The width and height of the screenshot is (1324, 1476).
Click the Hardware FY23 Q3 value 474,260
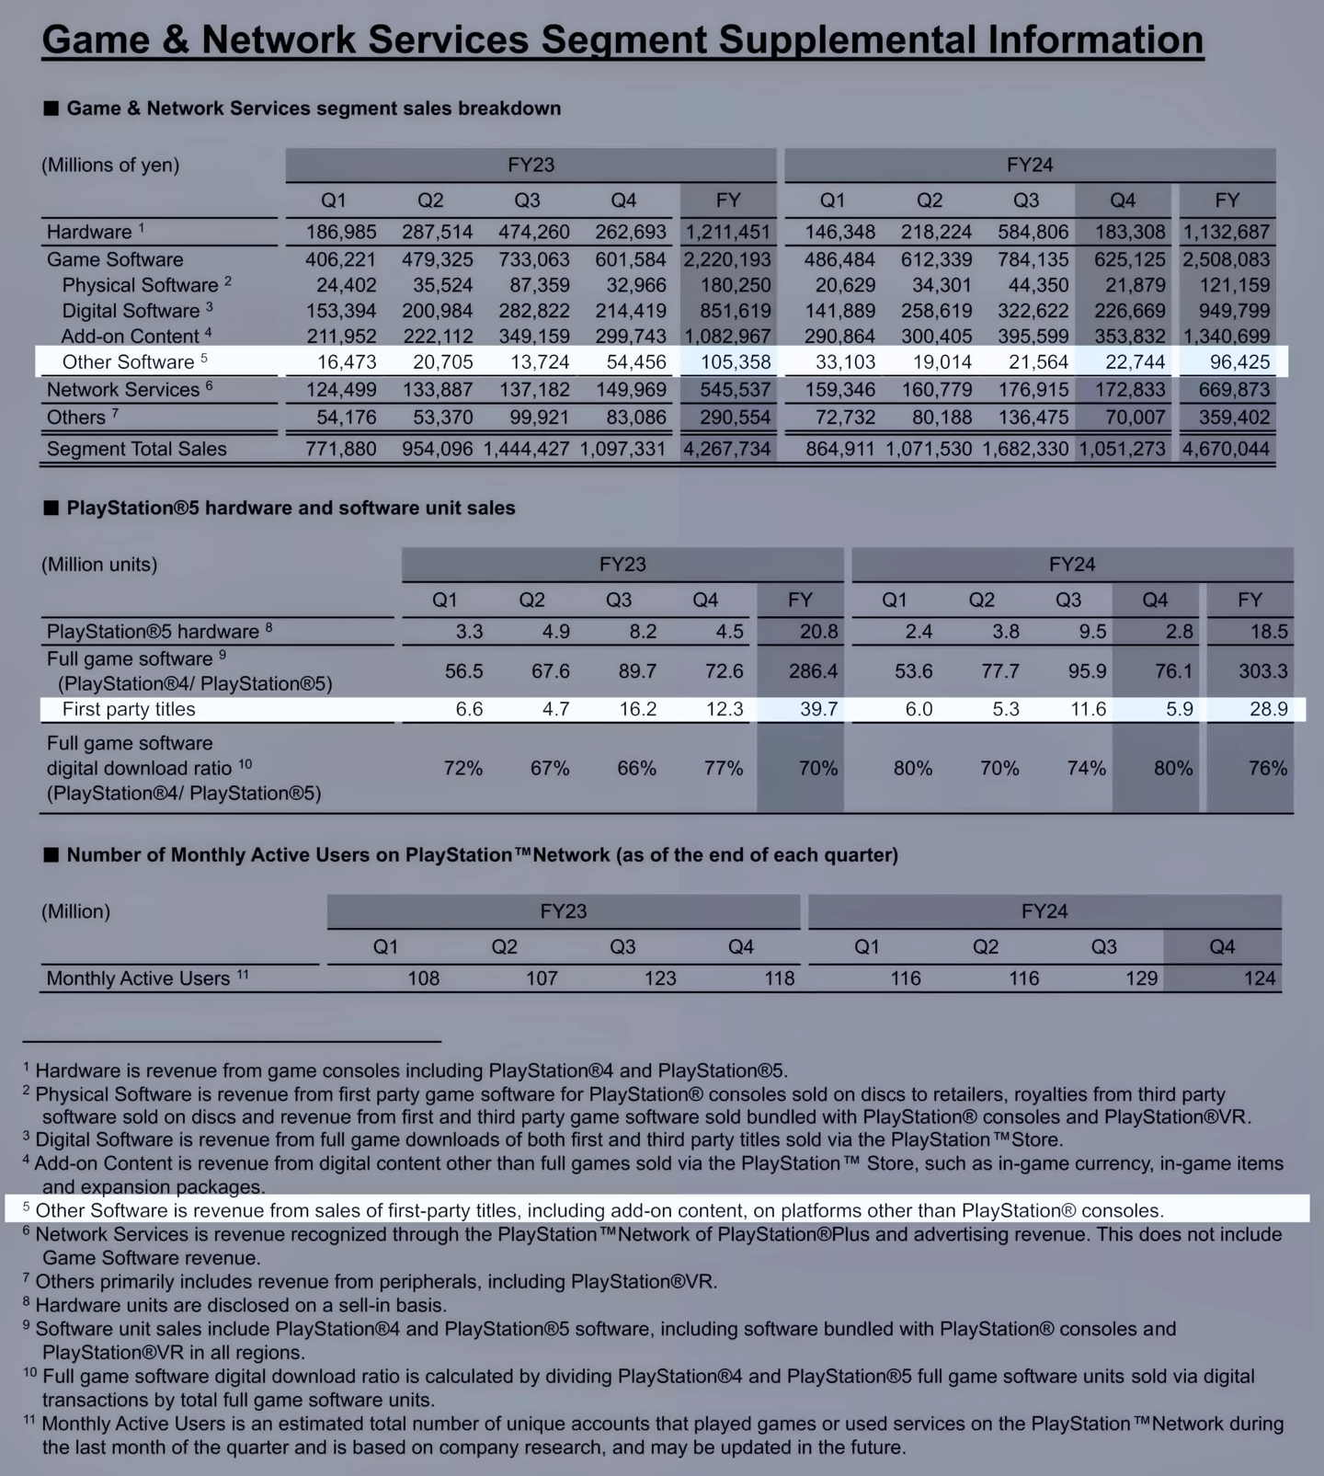(x=533, y=233)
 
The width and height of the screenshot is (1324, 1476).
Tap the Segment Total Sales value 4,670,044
(x=1226, y=450)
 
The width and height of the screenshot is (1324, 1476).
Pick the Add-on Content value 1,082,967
(x=726, y=337)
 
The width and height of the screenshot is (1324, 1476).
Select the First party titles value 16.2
(x=637, y=709)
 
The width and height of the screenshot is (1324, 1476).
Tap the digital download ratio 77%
(x=723, y=768)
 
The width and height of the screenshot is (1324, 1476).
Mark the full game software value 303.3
(x=1262, y=671)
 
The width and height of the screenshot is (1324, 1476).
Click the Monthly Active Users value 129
(x=1141, y=978)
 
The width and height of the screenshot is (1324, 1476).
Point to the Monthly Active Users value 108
(x=423, y=978)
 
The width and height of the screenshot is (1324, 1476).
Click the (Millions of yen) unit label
(x=110, y=166)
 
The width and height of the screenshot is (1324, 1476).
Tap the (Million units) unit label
(x=99, y=565)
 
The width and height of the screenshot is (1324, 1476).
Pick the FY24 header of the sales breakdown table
(x=1029, y=166)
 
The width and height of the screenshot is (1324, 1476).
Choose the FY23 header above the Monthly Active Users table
(x=563, y=911)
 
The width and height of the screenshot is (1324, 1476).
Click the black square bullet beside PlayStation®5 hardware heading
(x=51, y=509)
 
